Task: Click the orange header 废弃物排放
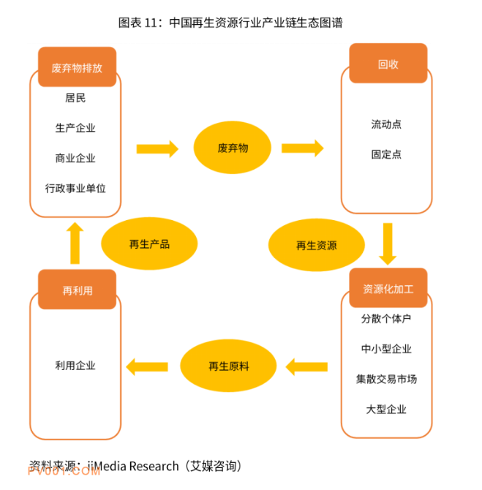point(77,67)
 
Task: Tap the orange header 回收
point(388,63)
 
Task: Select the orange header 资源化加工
point(388,288)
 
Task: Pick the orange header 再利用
point(77,290)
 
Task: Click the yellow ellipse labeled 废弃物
point(233,148)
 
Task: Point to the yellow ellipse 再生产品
point(149,244)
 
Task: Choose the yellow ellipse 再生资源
point(316,245)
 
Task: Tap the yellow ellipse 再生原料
point(228,366)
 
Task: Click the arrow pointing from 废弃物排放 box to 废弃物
point(157,148)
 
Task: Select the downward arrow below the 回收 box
point(388,244)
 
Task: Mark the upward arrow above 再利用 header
point(75,243)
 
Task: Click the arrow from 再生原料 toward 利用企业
point(147,366)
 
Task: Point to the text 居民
point(75,98)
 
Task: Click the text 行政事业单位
point(75,189)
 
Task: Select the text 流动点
point(386,124)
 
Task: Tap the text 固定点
point(386,154)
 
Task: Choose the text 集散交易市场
point(386,379)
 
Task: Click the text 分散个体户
point(386,319)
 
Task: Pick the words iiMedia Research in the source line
point(133,467)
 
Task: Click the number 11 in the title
point(151,23)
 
